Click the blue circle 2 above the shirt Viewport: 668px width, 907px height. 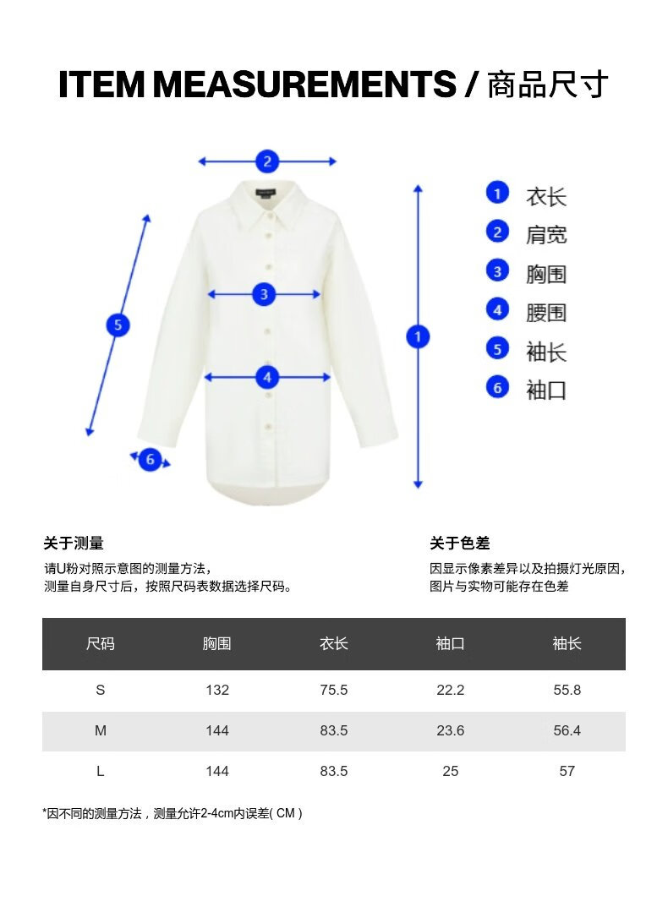click(x=267, y=161)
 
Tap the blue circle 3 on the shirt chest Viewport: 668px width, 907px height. click(x=264, y=294)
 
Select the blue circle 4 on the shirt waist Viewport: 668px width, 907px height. click(x=267, y=378)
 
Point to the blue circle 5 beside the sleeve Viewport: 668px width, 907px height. click(x=118, y=325)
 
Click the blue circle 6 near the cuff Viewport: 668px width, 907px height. click(x=150, y=460)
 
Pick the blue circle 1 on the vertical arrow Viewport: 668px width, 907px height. click(x=417, y=336)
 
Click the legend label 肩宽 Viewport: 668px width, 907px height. click(x=546, y=235)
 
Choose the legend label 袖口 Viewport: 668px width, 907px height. click(x=546, y=391)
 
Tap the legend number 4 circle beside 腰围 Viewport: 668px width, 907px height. click(x=497, y=310)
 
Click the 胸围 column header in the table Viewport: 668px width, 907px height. click(x=216, y=644)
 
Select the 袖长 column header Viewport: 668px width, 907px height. click(x=567, y=644)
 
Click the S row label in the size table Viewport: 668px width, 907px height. click(x=100, y=690)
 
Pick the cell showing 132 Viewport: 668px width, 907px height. click(x=216, y=690)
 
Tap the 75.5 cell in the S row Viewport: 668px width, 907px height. click(x=333, y=690)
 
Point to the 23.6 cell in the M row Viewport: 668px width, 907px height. click(x=450, y=730)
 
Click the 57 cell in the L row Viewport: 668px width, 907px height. click(x=567, y=771)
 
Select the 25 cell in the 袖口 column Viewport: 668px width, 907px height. click(x=450, y=771)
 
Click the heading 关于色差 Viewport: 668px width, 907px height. click(x=459, y=544)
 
